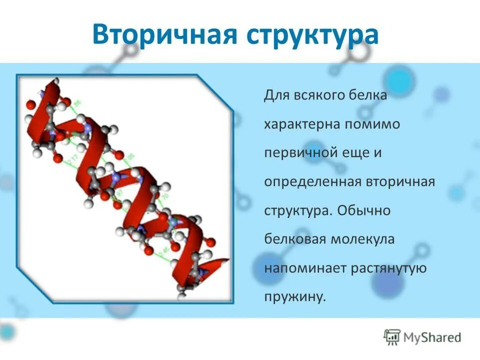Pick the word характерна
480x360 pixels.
point(302,124)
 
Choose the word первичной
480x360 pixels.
point(299,153)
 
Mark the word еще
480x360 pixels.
point(353,153)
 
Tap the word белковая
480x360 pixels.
point(294,239)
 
